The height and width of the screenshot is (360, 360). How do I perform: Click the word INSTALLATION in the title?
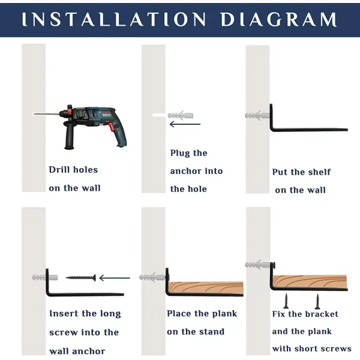point(114,19)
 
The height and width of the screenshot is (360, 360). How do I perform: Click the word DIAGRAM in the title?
point(279,19)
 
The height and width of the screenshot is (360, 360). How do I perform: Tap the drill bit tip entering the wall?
point(34,114)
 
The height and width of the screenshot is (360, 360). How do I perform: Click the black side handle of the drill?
point(69,136)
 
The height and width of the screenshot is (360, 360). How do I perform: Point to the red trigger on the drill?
point(112,127)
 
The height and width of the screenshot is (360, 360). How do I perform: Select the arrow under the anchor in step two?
point(185,124)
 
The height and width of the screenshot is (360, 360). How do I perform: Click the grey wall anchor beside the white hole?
point(181,115)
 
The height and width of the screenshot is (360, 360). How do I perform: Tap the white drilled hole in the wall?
point(159,115)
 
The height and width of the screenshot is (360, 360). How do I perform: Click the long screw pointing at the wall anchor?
point(81,278)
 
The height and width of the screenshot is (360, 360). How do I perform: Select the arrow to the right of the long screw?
point(115,278)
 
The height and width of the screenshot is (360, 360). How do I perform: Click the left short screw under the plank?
point(286,301)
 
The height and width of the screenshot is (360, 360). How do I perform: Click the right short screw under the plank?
point(317,301)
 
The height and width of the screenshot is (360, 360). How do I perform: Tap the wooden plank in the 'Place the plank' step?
point(206,287)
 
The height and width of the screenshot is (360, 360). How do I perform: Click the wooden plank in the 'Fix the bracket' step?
point(310,281)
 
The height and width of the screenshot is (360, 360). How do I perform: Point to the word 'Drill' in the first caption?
point(59,170)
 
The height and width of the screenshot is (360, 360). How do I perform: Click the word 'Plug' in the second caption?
point(180,154)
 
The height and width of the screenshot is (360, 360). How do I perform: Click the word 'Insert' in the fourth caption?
point(64,313)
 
